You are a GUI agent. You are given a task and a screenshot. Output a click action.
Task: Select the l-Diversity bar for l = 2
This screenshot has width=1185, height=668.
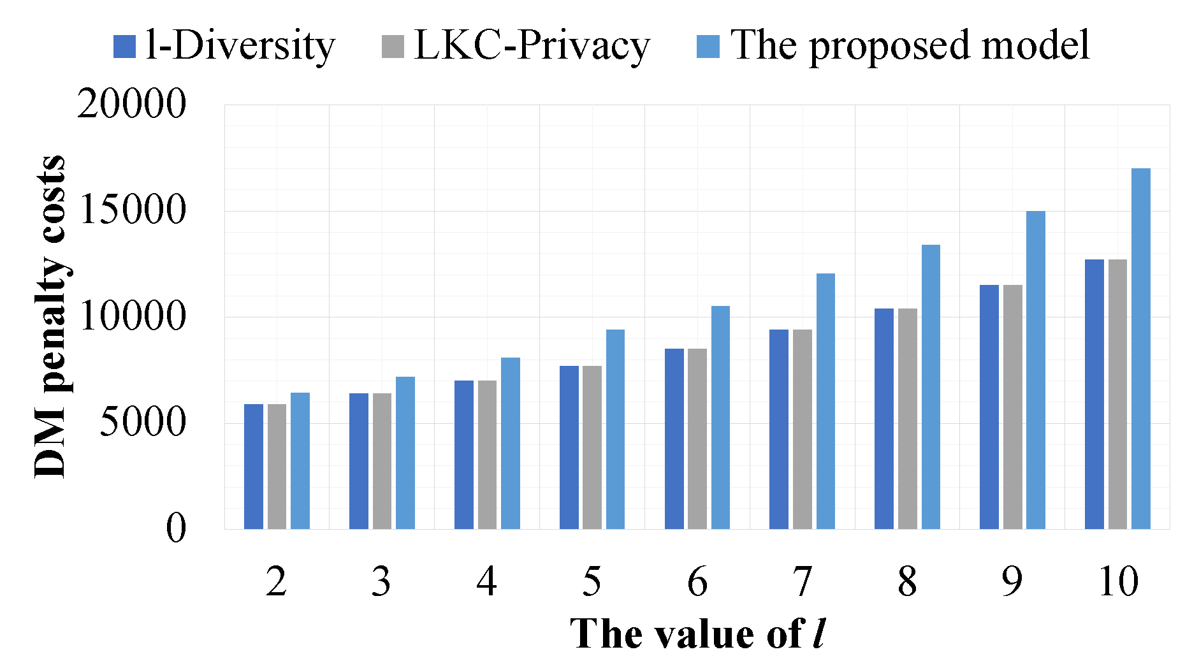tap(253, 467)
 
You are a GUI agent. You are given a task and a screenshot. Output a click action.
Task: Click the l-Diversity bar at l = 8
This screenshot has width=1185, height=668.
tap(883, 419)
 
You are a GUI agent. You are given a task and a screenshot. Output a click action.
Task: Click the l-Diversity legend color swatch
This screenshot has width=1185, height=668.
tap(124, 47)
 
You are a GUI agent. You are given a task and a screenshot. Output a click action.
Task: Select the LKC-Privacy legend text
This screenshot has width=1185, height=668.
tap(532, 46)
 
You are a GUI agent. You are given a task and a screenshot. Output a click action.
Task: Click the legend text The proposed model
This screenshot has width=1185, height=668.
tap(910, 46)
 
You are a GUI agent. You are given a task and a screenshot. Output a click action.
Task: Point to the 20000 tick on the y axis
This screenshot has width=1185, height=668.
tap(131, 104)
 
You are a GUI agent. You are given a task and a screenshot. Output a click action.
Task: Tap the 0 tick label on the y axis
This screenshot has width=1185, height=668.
tap(176, 528)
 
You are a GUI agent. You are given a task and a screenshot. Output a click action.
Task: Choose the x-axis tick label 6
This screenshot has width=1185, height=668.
tap(697, 581)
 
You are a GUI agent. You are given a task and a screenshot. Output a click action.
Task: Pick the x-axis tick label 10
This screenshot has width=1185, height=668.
tap(1117, 581)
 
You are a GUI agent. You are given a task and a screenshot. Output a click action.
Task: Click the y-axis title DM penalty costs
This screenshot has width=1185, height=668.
tap(50, 316)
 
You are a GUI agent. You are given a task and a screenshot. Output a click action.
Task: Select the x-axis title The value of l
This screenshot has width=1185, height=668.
tap(697, 634)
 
